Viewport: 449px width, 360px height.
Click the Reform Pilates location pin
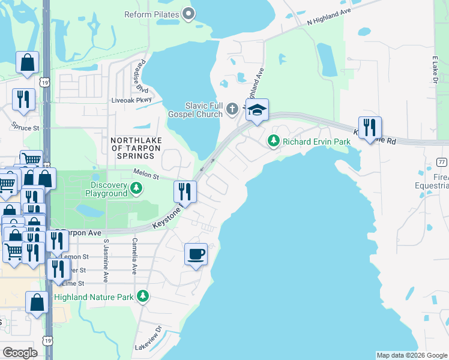point(188,13)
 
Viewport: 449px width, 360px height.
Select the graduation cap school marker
point(256,110)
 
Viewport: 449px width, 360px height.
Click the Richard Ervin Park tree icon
point(274,142)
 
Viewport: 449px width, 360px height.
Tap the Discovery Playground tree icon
point(137,189)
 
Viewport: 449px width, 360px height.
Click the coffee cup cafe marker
point(196,255)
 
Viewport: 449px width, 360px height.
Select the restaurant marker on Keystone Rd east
point(370,127)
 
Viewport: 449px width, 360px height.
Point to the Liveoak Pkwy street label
point(128,100)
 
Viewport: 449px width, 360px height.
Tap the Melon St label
point(145,176)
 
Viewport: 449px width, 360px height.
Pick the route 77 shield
point(441,162)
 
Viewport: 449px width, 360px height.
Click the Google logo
point(20,352)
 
